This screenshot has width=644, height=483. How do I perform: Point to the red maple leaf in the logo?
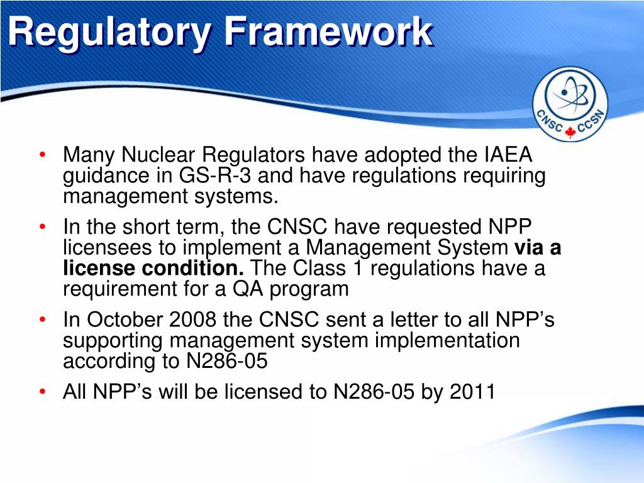coord(570,131)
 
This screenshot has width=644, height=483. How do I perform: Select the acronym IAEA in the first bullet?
coord(508,154)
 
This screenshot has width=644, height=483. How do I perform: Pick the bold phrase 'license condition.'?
coord(153,268)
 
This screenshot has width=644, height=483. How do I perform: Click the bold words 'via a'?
coord(538,247)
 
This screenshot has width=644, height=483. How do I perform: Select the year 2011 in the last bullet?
coord(473,392)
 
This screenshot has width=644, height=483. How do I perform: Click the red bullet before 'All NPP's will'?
coord(42,392)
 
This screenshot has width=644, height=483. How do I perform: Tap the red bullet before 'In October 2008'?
coord(42,320)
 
